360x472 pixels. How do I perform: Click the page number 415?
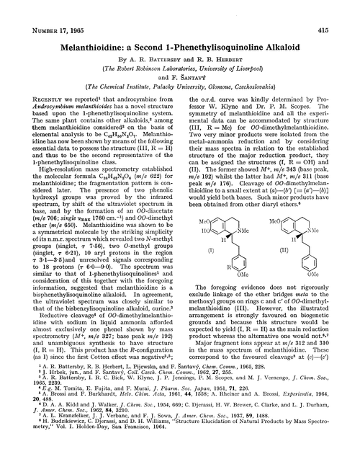click(341, 9)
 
